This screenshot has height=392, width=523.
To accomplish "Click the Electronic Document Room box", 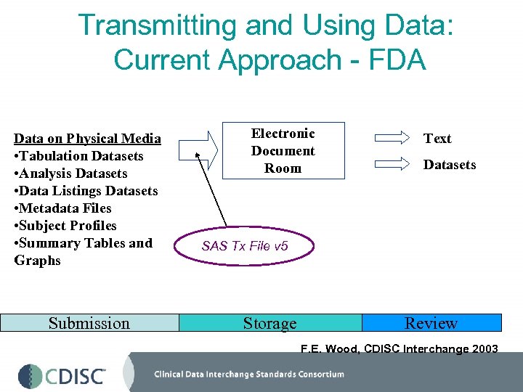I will [283, 151].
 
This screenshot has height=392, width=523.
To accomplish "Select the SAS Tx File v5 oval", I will [245, 246].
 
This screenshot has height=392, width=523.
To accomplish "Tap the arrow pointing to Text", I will [393, 138].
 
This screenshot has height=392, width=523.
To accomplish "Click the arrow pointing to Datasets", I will [393, 164].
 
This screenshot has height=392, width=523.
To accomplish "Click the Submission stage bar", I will [89, 323].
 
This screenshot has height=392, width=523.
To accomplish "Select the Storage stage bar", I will [269, 323].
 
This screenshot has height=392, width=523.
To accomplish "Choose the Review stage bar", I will [431, 323].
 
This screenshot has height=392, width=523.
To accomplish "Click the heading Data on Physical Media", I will [87, 139].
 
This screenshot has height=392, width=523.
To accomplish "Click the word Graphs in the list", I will [38, 261].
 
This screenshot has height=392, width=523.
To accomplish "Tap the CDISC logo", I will [62, 375].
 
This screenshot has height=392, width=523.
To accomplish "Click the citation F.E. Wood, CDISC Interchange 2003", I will [399, 349].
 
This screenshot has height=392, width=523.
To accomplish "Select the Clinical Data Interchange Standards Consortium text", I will [248, 375].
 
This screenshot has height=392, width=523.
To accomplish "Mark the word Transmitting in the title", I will [155, 25].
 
